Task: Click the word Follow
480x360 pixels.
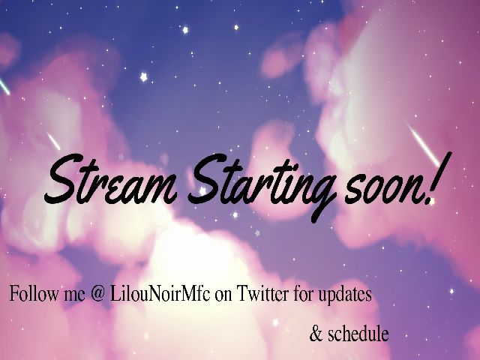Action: (x=30, y=295)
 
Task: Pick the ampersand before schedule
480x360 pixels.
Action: (x=315, y=334)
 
